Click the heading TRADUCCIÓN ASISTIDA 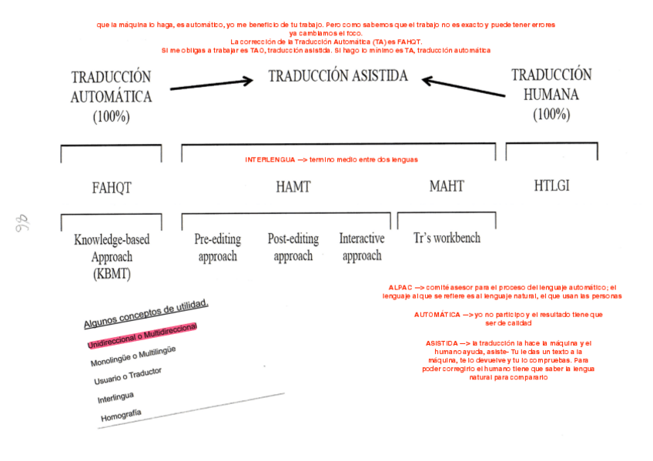pyautogui.click(x=337, y=76)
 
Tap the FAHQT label pyautogui.click(x=112, y=187)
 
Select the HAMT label pyautogui.click(x=293, y=187)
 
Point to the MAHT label pyautogui.click(x=447, y=187)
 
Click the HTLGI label pyautogui.click(x=551, y=185)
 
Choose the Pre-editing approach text pyautogui.click(x=218, y=247)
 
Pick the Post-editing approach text pyautogui.click(x=293, y=247)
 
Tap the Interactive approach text pyautogui.click(x=362, y=247)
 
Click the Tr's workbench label pyautogui.click(x=447, y=238)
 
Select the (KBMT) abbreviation pyautogui.click(x=112, y=274)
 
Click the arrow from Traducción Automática pyautogui.click(x=211, y=83)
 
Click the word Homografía pyautogui.click(x=120, y=416)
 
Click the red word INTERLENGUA pyautogui.click(x=270, y=160)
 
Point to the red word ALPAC pyautogui.click(x=400, y=287)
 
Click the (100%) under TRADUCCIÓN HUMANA pyautogui.click(x=551, y=114)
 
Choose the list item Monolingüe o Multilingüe pyautogui.click(x=132, y=356)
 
